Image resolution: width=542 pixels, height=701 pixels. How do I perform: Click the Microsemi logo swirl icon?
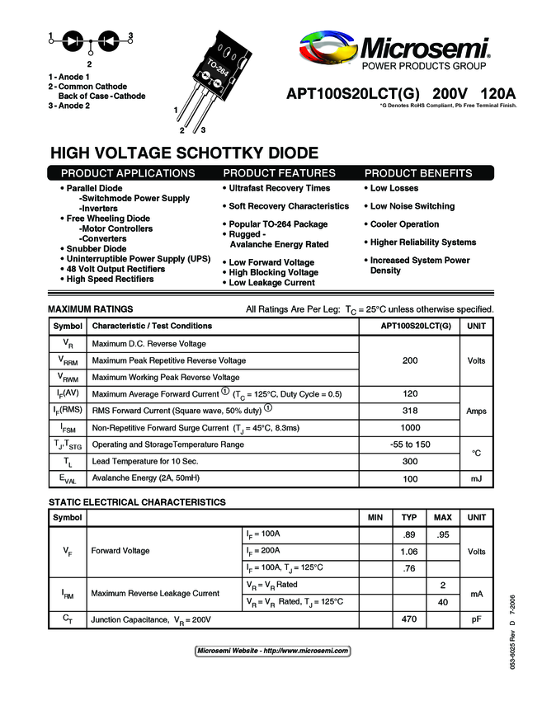point(329,49)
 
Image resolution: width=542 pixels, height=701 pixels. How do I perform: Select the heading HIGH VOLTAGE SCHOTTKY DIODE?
point(184,153)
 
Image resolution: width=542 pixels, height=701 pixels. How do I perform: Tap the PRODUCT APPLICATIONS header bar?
point(129,173)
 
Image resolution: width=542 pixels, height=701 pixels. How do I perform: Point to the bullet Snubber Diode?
point(97,248)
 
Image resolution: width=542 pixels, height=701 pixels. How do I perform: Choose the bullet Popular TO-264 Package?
point(278,224)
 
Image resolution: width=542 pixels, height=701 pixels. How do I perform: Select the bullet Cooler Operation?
point(404,224)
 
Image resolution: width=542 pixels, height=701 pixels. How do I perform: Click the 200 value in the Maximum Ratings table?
point(410,360)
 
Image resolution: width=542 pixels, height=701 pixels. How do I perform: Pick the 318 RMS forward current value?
point(410,411)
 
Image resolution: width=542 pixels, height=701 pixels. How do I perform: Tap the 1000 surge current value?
point(410,428)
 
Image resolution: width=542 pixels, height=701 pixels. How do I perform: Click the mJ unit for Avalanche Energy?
point(476,479)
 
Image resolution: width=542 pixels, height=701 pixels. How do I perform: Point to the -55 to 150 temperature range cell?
point(410,445)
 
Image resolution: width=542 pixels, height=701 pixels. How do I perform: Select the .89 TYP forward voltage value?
point(408,535)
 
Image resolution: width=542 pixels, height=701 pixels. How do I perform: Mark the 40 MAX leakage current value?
point(442,602)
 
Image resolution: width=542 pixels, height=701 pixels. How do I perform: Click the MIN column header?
point(375,518)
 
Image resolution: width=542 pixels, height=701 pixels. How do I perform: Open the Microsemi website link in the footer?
point(272,651)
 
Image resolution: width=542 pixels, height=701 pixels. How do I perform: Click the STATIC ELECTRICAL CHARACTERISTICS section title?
point(137,502)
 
